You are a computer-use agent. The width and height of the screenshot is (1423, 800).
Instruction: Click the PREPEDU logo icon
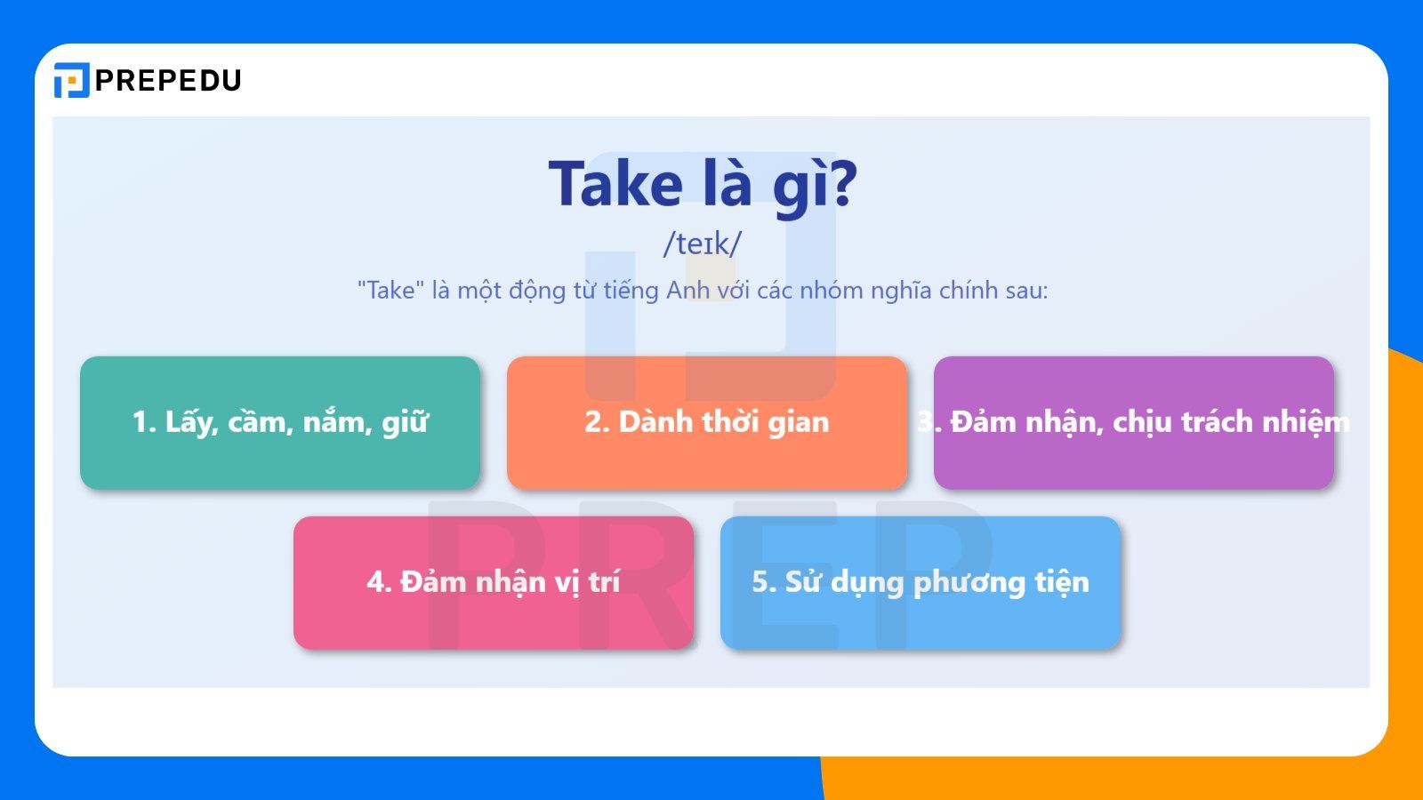coord(71,80)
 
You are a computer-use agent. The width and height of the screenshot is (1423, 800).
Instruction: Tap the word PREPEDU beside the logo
coord(168,81)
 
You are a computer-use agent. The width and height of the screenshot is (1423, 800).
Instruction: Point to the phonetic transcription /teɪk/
coord(702,244)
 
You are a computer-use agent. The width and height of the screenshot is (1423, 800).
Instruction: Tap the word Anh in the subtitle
coord(687,291)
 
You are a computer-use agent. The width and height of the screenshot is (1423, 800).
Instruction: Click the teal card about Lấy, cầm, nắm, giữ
coord(280,423)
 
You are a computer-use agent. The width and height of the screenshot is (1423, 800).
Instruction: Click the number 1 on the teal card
coord(141,422)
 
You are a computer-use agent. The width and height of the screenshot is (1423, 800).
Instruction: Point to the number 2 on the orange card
coord(593,422)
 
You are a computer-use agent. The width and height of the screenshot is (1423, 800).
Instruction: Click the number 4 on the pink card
coord(375,582)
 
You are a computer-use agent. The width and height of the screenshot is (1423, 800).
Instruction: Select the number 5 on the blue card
coord(760,582)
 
